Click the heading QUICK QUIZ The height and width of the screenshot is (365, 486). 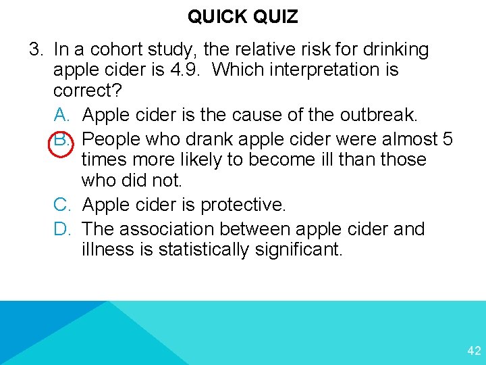pyautogui.click(x=242, y=16)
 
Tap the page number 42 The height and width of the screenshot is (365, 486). pyautogui.click(x=474, y=351)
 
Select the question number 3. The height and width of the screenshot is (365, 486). pyautogui.click(x=35, y=49)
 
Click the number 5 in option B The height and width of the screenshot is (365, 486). pyautogui.click(x=447, y=139)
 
